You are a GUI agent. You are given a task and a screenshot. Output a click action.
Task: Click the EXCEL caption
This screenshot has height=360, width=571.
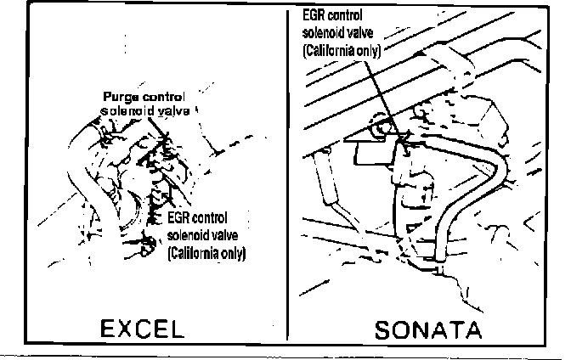[140, 327]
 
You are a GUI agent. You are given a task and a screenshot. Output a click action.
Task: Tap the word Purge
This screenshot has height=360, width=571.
[119, 96]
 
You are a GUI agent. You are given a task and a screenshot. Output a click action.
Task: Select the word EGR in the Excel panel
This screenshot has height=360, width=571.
[178, 218]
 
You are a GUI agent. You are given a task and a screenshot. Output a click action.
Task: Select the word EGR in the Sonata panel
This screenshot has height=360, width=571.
[314, 14]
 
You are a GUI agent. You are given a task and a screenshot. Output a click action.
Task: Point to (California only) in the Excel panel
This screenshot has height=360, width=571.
[207, 254]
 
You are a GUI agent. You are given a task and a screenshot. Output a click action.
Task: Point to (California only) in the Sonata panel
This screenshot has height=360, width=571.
[341, 50]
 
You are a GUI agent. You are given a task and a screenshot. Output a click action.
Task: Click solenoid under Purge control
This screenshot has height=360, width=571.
[123, 110]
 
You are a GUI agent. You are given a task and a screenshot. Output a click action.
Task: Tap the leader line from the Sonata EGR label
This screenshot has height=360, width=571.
[390, 93]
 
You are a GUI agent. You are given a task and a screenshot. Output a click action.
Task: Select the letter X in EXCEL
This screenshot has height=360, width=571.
[119, 327]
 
